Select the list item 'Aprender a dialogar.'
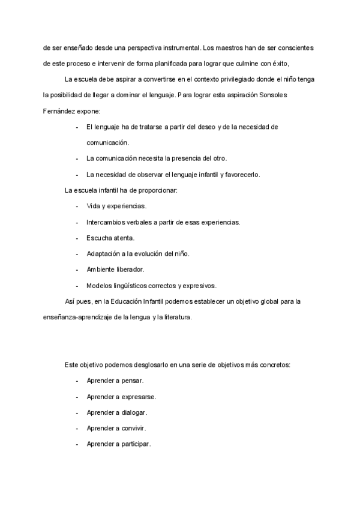click(116, 413)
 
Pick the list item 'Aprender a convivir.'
click(116, 429)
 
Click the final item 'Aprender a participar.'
click(119, 444)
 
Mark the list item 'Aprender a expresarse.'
click(121, 397)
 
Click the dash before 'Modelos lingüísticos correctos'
click(77, 286)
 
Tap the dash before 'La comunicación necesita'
click(77, 158)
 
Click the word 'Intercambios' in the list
click(106, 222)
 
